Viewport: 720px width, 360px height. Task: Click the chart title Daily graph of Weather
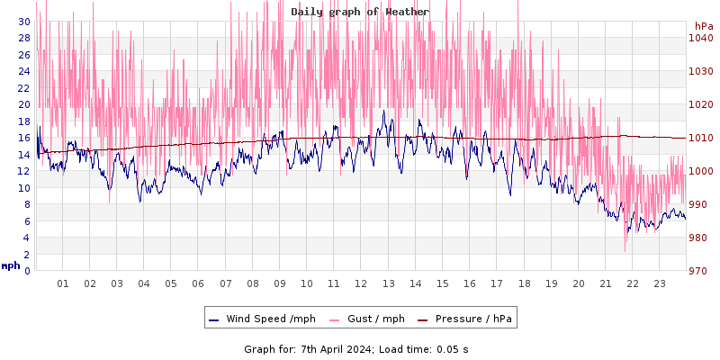[x=360, y=12]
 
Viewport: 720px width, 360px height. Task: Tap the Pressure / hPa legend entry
[x=472, y=319]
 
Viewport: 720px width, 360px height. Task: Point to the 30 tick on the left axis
[x=23, y=21]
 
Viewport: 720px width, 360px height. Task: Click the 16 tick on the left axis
[x=23, y=138]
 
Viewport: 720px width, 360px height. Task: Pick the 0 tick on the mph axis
[x=27, y=271]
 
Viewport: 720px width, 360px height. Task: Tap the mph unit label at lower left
[x=10, y=265]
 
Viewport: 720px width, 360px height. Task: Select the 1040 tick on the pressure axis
[x=700, y=38]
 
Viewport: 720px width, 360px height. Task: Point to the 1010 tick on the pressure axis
[x=700, y=138]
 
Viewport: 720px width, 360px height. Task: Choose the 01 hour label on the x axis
[x=63, y=283]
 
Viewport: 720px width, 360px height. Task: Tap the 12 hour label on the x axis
[x=361, y=283]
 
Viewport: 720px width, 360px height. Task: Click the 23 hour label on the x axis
[x=660, y=283]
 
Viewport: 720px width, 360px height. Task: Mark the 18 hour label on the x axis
[x=524, y=283]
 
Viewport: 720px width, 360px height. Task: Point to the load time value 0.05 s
[x=452, y=348]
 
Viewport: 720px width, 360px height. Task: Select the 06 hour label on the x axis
[x=198, y=283]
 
